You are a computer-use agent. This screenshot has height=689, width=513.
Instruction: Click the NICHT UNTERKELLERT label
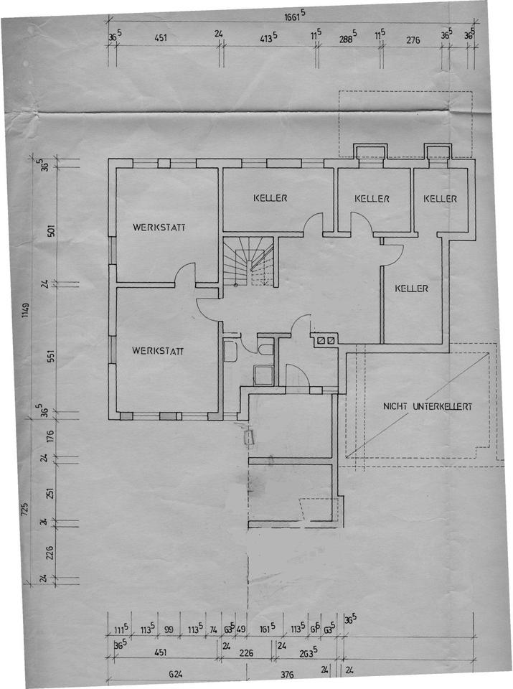[428, 406]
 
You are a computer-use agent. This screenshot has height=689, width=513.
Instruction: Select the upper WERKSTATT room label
[159, 228]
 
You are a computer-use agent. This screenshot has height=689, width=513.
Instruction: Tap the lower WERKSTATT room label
[159, 351]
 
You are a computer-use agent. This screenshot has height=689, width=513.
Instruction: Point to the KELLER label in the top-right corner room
[440, 198]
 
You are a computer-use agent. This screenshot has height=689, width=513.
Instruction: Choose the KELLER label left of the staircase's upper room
[270, 197]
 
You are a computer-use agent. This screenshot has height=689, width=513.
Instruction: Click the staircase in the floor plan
[248, 263]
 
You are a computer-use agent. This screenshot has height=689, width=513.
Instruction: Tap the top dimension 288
[348, 39]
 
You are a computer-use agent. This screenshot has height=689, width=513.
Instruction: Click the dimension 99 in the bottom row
[170, 629]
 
